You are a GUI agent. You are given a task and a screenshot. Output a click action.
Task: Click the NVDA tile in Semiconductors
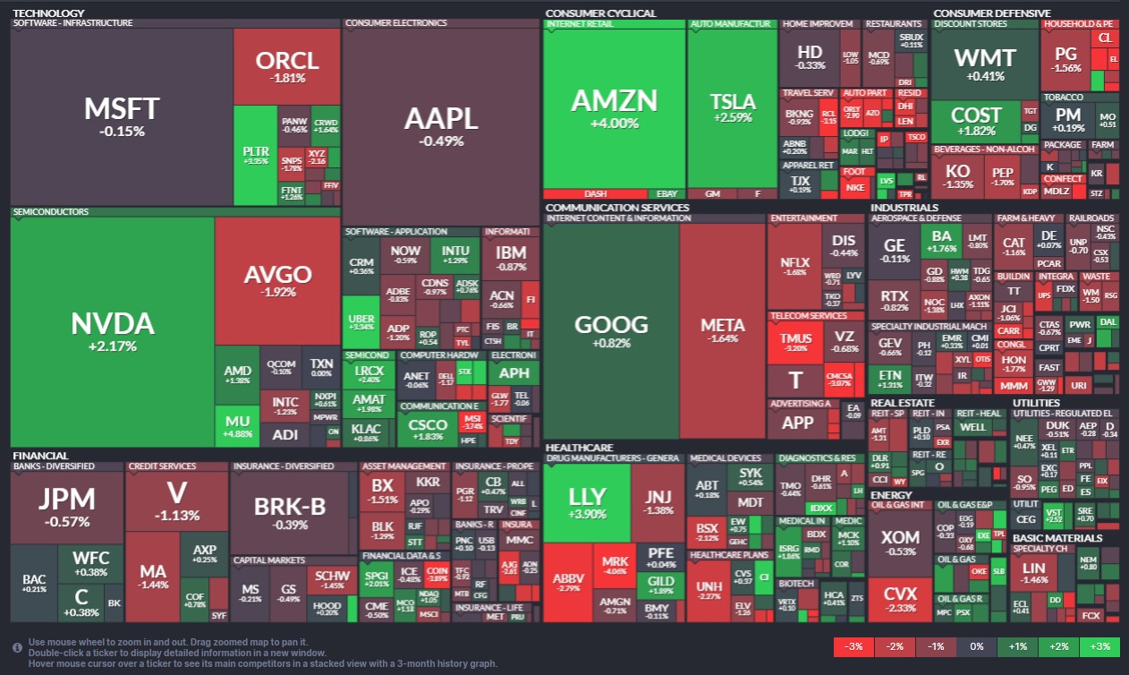click(x=112, y=331)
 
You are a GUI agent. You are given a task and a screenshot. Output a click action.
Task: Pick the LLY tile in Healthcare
click(x=587, y=502)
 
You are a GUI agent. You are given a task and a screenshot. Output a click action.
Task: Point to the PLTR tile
click(x=256, y=155)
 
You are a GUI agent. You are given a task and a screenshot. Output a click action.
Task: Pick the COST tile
click(x=975, y=121)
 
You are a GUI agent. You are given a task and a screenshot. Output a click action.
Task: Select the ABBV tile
click(x=569, y=582)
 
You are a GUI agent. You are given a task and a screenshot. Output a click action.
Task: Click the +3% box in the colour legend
click(x=1099, y=646)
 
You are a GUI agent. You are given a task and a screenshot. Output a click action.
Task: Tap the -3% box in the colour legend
click(x=853, y=646)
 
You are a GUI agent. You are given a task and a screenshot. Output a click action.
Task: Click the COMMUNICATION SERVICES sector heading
click(x=617, y=208)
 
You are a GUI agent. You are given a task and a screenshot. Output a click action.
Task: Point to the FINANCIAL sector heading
click(x=40, y=456)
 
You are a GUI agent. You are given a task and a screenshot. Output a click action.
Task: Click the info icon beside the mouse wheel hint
click(x=18, y=646)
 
